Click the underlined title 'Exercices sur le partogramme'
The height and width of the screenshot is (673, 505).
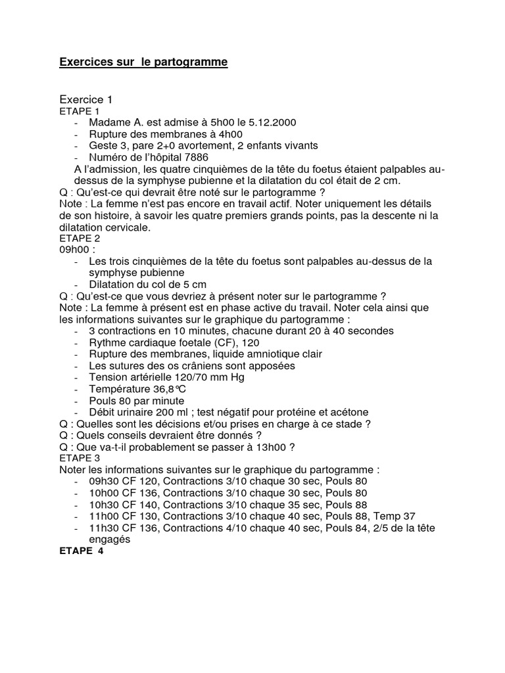143,62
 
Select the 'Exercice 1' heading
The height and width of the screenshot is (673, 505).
86,99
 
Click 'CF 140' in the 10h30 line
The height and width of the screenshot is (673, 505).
142,505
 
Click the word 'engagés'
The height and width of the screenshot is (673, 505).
110,540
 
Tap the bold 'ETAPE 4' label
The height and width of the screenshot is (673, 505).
82,551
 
